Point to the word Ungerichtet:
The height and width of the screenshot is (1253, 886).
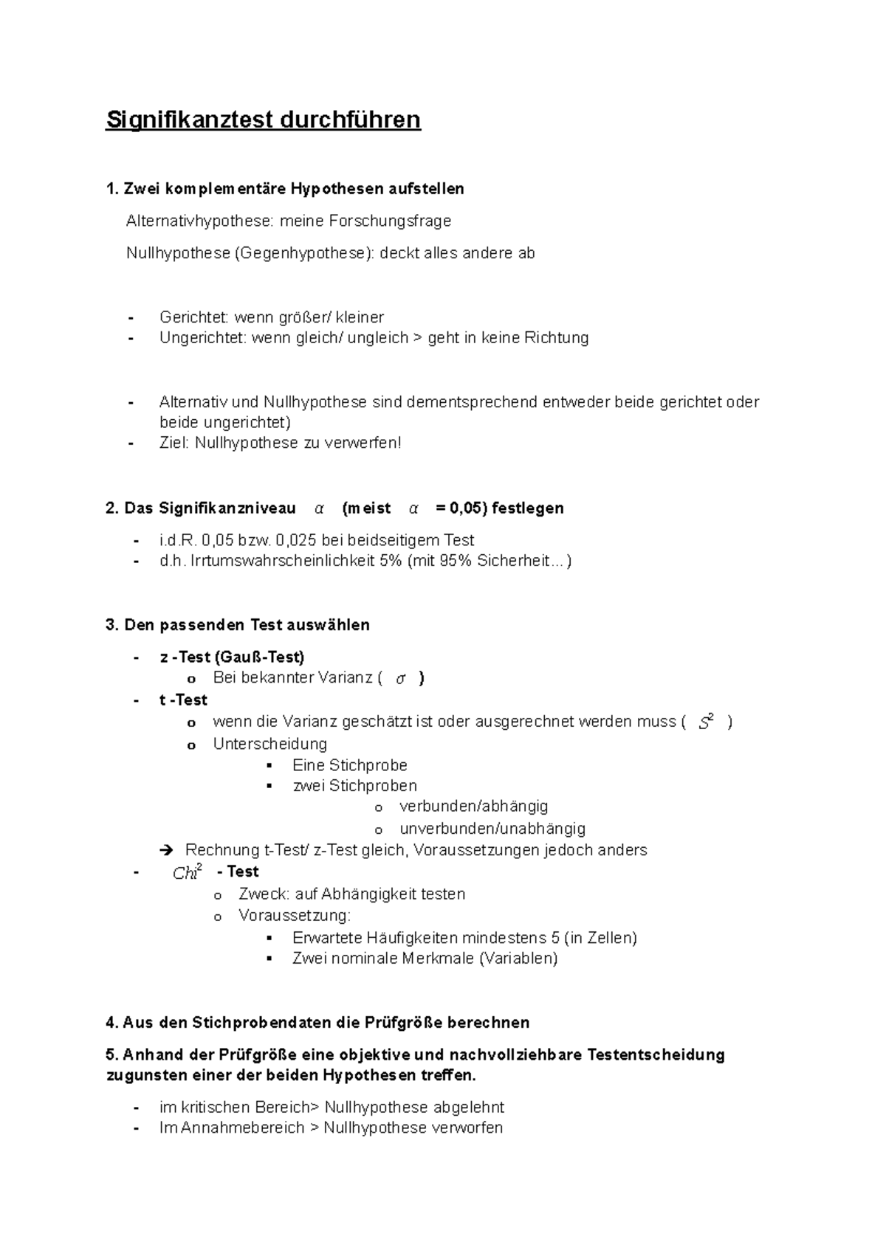[x=203, y=338]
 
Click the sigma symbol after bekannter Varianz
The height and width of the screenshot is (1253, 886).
[x=400, y=679]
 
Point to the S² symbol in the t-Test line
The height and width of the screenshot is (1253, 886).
[x=706, y=722]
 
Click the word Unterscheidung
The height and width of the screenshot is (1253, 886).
[x=269, y=744]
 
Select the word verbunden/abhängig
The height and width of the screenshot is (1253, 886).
[x=473, y=807]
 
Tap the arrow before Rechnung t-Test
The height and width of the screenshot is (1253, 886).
[x=165, y=851]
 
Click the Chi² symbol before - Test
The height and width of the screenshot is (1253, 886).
[x=187, y=873]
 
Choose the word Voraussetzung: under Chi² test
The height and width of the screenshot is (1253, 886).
[x=295, y=916]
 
